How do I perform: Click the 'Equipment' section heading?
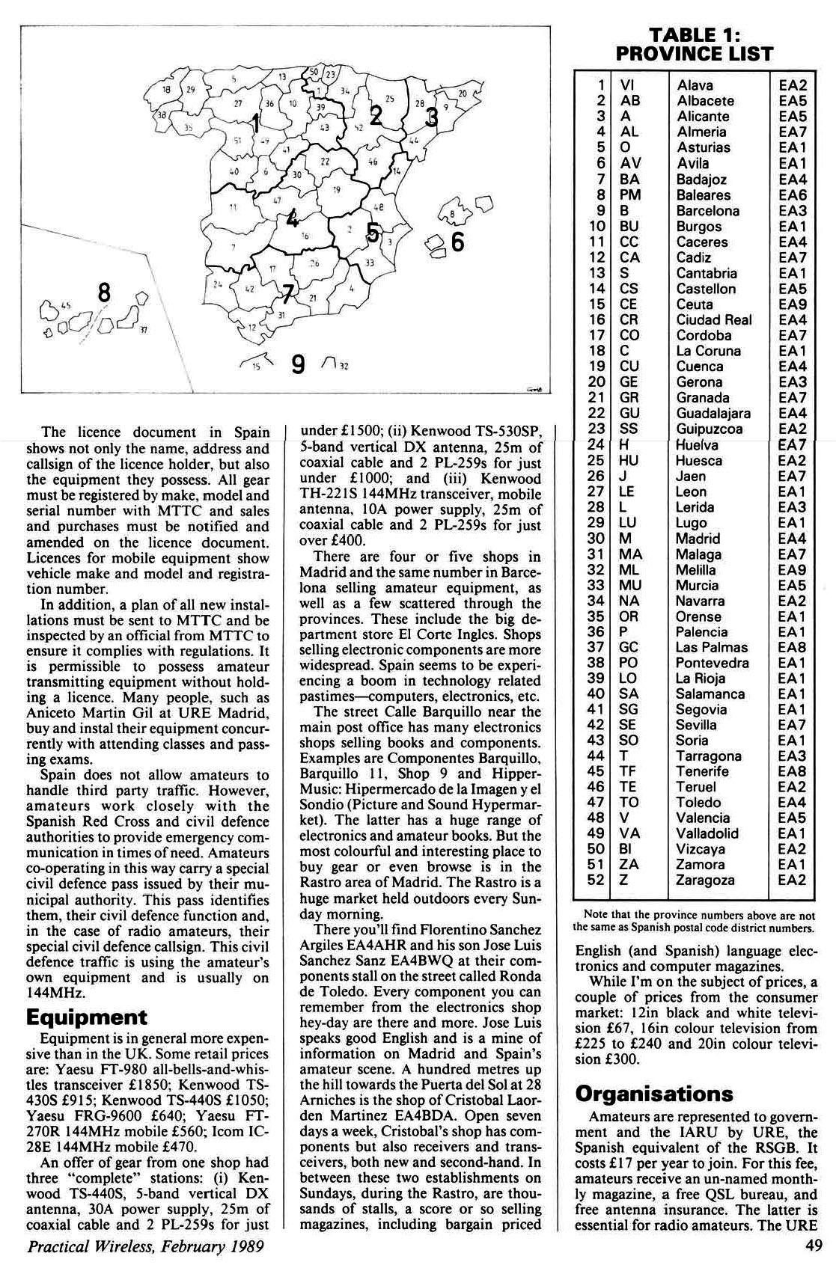coord(87,1017)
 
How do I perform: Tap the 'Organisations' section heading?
coord(654,1093)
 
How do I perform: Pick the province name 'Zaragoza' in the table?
coord(704,880)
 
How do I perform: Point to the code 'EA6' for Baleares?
coord(792,195)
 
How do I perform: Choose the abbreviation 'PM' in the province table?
coord(630,195)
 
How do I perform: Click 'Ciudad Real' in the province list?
coord(713,320)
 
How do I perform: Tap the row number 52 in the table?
coord(596,880)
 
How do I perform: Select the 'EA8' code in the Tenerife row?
coord(792,771)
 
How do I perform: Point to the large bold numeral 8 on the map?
coord(105,292)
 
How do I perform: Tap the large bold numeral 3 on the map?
coord(431,117)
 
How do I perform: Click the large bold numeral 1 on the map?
coord(256,123)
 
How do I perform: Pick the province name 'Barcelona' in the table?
coord(707,211)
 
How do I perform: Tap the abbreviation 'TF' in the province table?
coord(629,771)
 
